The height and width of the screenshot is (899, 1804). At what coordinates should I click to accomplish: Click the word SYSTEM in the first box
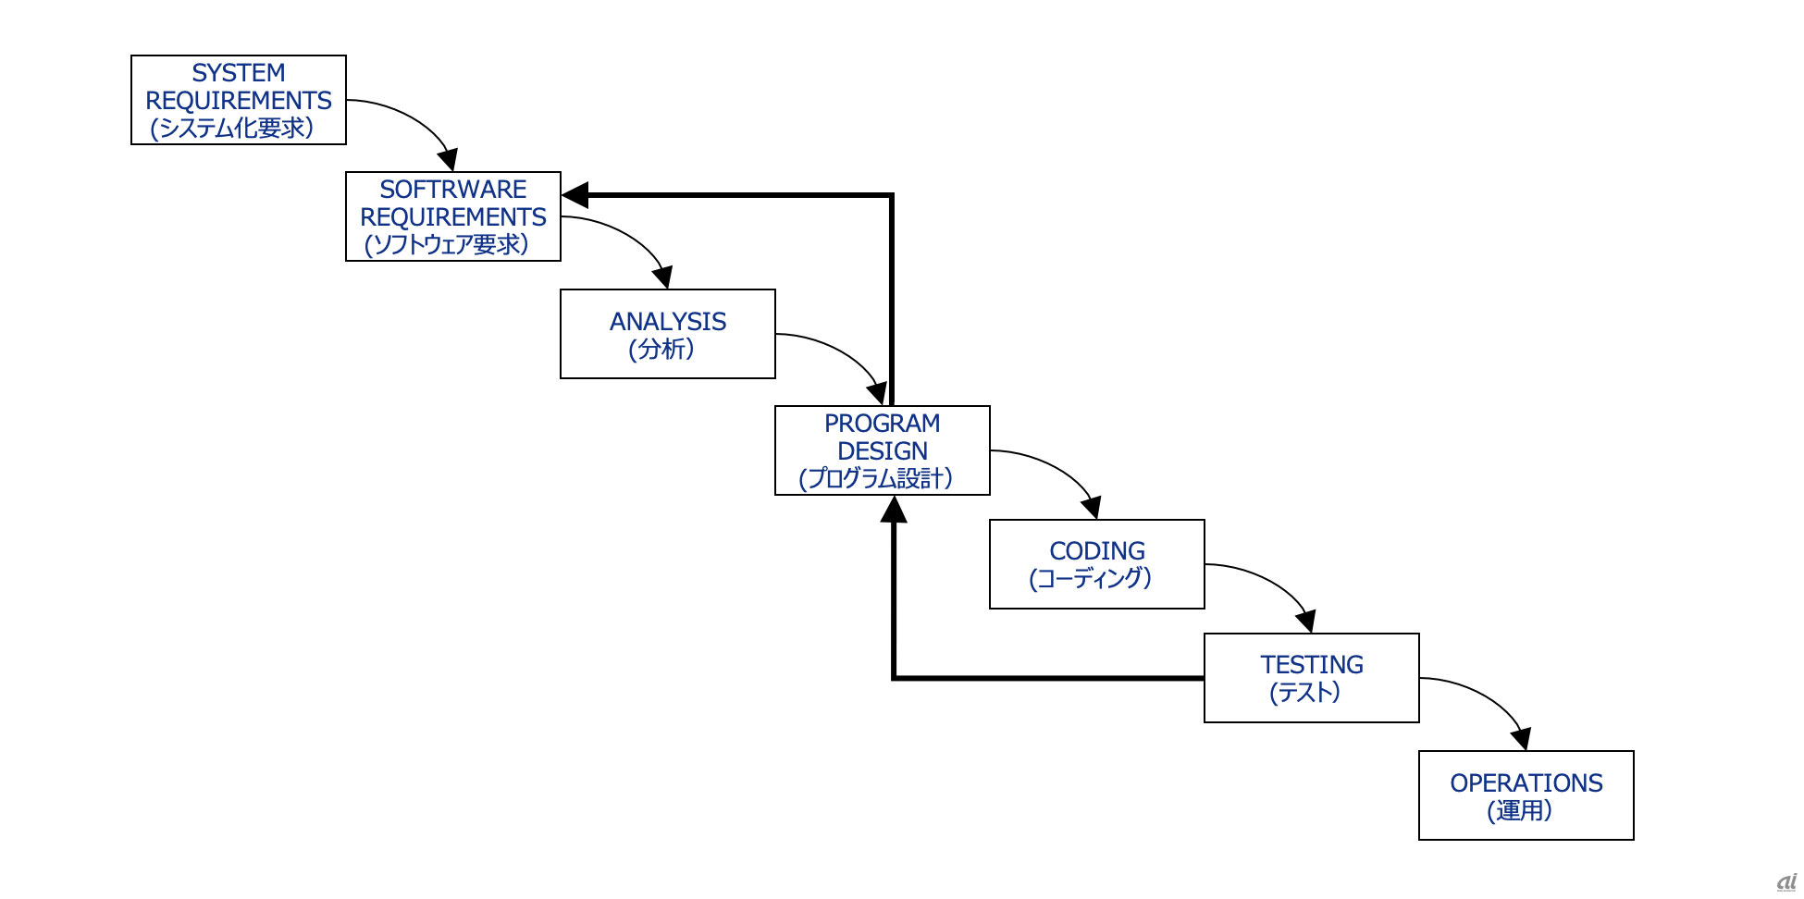239,73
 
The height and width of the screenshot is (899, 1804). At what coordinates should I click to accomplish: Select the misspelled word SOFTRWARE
453,190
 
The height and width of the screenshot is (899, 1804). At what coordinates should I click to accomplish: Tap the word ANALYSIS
668,322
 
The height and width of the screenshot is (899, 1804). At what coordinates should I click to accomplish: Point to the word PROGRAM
883,424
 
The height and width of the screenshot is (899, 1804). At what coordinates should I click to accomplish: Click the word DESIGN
883,451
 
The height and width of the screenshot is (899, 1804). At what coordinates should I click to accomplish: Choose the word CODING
1097,551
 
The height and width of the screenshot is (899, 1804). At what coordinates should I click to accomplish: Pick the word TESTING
1312,665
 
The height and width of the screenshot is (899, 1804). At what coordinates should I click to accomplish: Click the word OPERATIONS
1526,783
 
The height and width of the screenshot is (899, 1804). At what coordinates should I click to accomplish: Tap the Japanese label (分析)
661,350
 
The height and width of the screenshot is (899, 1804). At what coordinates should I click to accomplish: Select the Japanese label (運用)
1520,811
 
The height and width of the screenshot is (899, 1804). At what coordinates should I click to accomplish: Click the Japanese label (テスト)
1305,693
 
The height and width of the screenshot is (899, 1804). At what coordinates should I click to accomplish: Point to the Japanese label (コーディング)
1091,579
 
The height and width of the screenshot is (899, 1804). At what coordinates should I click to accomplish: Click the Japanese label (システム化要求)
232,128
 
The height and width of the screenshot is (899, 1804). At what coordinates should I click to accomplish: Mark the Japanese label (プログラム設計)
876,479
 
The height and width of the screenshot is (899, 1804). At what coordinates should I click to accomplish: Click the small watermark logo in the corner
1787,882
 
